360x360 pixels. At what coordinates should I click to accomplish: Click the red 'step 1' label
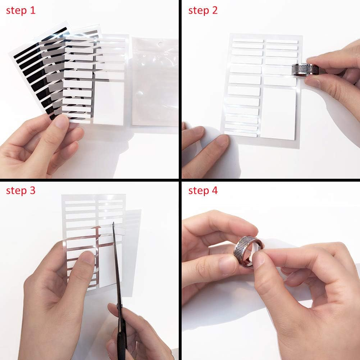tap(21, 10)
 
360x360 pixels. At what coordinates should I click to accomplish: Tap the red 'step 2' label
tap(203, 10)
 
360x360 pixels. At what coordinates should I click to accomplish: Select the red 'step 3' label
tap(21, 191)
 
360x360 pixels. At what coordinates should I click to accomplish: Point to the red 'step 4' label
tap(203, 191)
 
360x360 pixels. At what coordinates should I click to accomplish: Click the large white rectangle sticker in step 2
tap(278, 113)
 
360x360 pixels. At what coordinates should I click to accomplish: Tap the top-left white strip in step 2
tap(247, 41)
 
